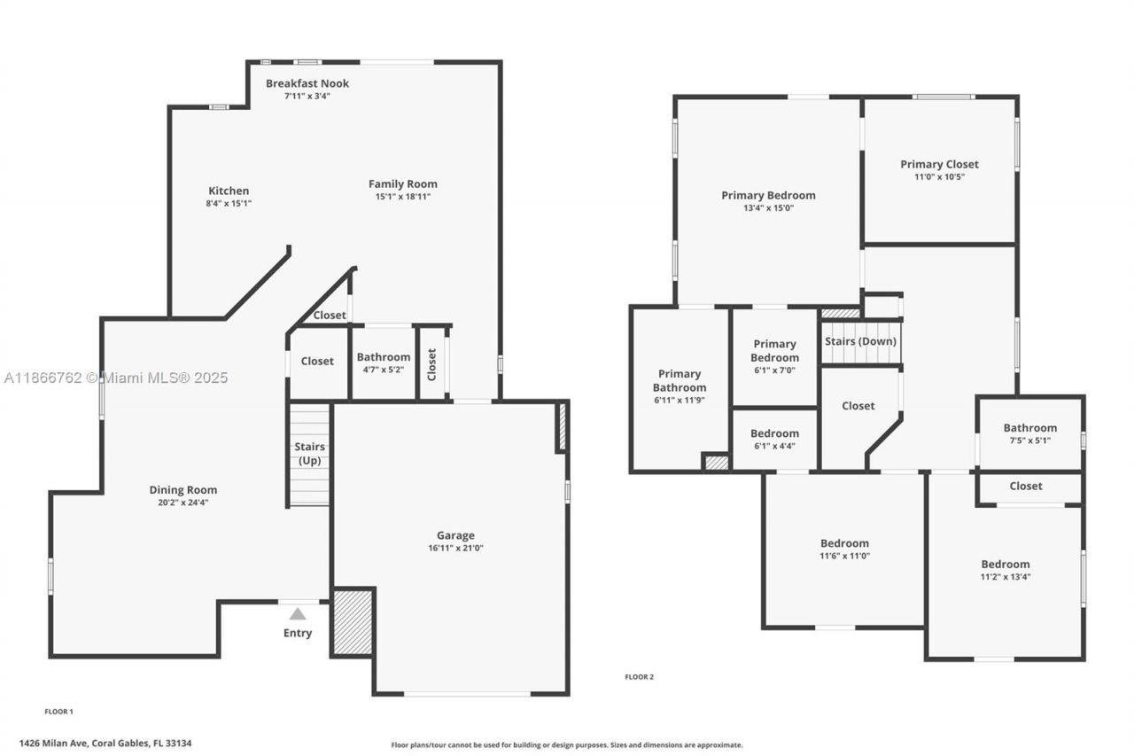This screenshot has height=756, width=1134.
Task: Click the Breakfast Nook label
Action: pyautogui.click(x=307, y=83)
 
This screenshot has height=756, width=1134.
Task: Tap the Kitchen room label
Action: pyautogui.click(x=229, y=191)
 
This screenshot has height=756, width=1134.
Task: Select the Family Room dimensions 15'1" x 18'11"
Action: pyautogui.click(x=403, y=197)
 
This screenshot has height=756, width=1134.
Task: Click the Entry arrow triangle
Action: pyautogui.click(x=298, y=613)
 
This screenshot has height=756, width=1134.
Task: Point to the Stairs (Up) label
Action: pyautogui.click(x=309, y=453)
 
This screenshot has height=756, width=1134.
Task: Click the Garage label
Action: pyautogui.click(x=455, y=535)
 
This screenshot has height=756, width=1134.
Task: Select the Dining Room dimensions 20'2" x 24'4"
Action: pyautogui.click(x=183, y=503)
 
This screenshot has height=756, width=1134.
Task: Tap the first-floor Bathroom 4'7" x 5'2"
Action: pyautogui.click(x=384, y=362)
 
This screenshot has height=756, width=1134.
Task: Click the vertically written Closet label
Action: pyautogui.click(x=432, y=363)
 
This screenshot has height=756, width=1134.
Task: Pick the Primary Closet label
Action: pyautogui.click(x=939, y=164)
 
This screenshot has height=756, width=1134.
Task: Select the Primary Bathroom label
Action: pyautogui.click(x=680, y=380)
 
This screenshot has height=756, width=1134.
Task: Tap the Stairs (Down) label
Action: pyautogui.click(x=860, y=341)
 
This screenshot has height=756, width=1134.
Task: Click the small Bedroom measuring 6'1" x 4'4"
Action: pyautogui.click(x=774, y=439)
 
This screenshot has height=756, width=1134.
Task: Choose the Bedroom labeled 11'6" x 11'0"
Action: pyautogui.click(x=844, y=549)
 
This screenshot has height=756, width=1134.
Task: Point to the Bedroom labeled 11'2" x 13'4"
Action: pyautogui.click(x=1006, y=570)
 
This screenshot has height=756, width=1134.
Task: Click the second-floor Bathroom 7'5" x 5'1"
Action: pyautogui.click(x=1029, y=433)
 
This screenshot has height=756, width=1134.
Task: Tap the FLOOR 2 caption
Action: pyautogui.click(x=639, y=677)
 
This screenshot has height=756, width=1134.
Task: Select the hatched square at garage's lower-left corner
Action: pyautogui.click(x=353, y=621)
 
